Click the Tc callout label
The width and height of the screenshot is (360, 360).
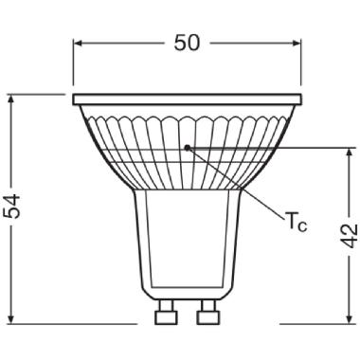[x=296, y=224]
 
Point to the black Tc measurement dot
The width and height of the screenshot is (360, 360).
[x=189, y=147]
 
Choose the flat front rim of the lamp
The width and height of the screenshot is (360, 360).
[x=188, y=99]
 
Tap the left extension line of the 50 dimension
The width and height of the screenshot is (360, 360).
[x=73, y=66]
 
